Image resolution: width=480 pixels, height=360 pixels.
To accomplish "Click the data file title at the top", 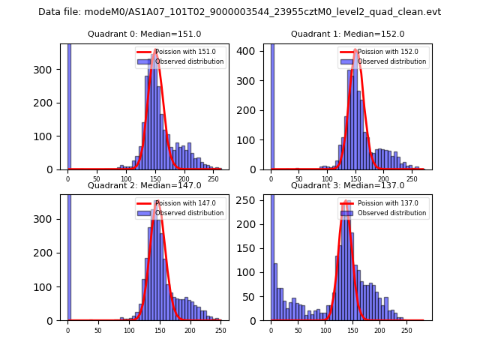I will pyautogui.click(x=239, y=12).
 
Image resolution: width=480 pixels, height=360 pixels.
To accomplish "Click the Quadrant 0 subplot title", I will pyautogui.click(x=144, y=34).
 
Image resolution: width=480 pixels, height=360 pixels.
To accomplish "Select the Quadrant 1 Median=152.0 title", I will pyautogui.click(x=347, y=34).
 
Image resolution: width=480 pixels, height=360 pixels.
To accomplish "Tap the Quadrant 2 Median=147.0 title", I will pyautogui.click(x=144, y=185).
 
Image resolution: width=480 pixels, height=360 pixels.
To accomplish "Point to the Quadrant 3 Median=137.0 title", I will pyautogui.click(x=347, y=185).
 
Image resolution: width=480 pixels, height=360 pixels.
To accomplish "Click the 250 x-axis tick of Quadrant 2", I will pyautogui.click(x=220, y=330).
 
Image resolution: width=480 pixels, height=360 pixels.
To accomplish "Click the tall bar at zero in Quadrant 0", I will pyautogui.click(x=68, y=105).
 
